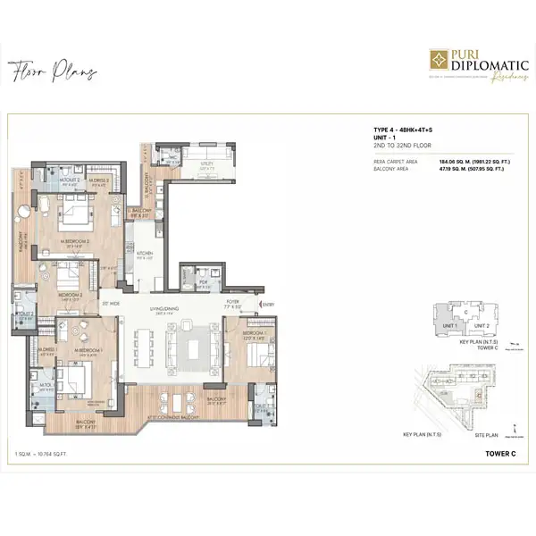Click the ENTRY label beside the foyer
click(268, 306)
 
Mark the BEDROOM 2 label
click(71, 295)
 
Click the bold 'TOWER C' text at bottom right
click(498, 454)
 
